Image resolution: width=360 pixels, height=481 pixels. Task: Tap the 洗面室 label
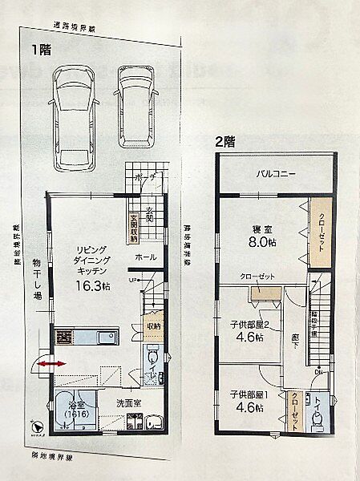click(x=127, y=403)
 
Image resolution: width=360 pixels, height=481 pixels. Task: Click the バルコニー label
click(x=276, y=173)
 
